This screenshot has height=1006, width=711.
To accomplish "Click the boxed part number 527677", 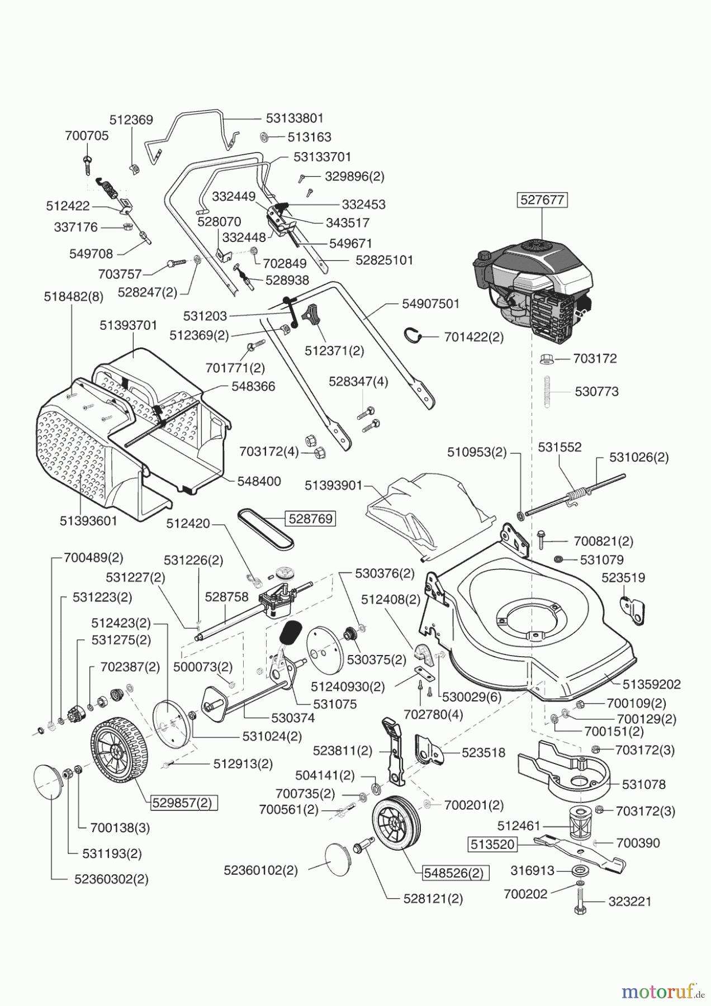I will point(542,200).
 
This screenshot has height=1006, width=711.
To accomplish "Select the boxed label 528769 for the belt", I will point(310,519).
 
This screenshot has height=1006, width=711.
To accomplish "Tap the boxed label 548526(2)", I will point(453,872).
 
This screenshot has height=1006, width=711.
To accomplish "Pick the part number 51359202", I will point(651,684).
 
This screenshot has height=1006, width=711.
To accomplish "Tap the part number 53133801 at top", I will point(295,118).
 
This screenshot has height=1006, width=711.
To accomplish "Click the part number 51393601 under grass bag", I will point(89,521).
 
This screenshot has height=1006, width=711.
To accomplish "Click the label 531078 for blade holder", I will point(643,785).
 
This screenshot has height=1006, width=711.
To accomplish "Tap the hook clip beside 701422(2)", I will point(413,335).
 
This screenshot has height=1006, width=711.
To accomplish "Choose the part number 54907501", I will point(430,303).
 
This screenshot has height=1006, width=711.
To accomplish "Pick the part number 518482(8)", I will point(73,297).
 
